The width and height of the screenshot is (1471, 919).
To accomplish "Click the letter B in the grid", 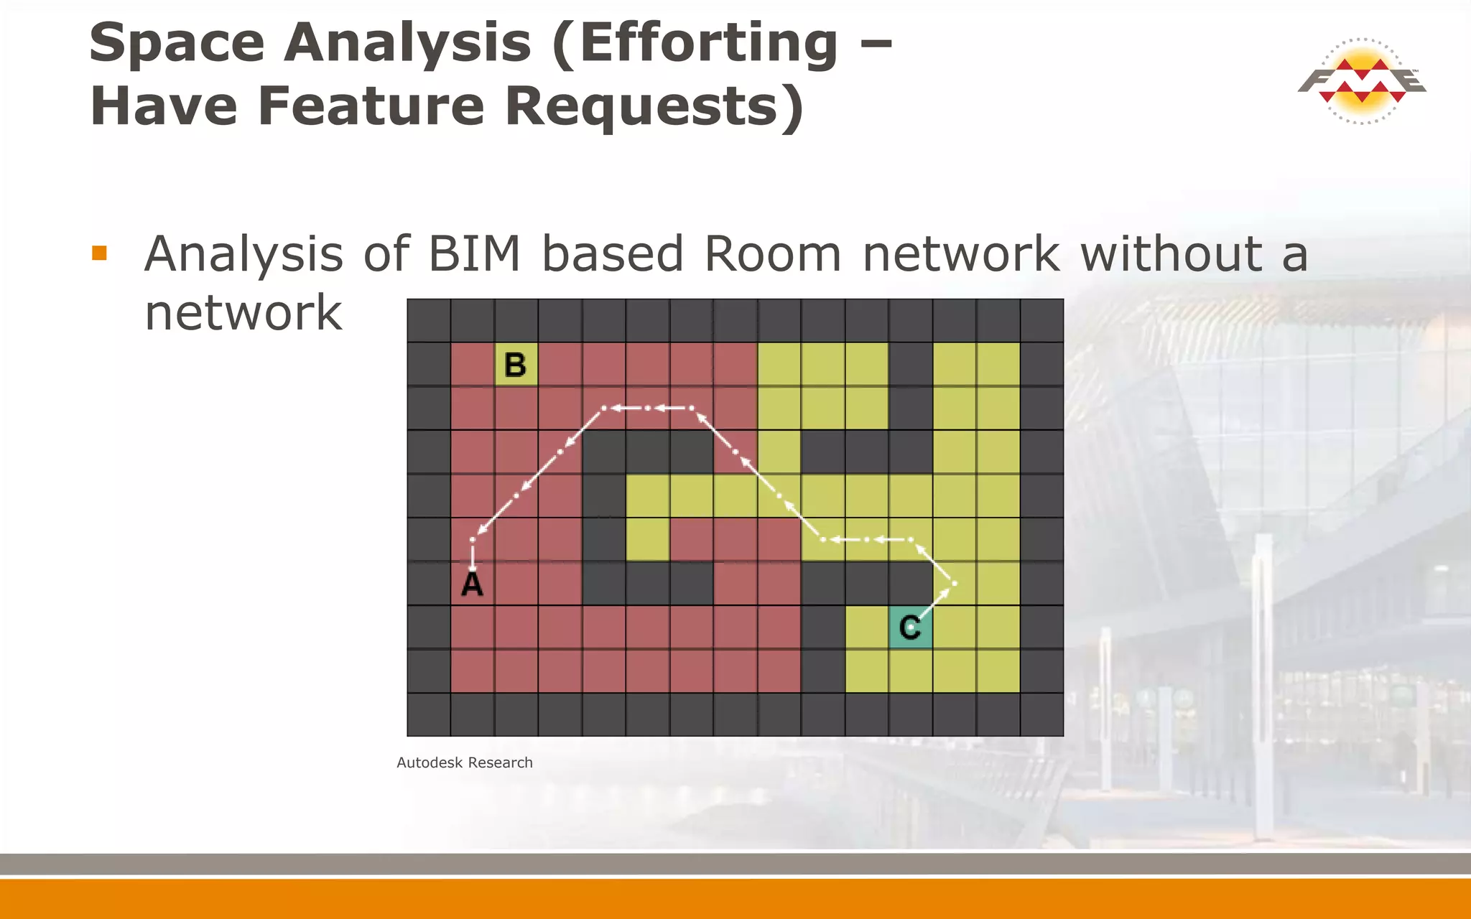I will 516,365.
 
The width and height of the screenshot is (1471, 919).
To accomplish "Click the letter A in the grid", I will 472,584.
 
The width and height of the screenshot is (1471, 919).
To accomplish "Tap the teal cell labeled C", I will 910,628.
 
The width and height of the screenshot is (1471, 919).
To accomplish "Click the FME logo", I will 1362,81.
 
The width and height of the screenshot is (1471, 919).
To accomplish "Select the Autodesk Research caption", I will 465,762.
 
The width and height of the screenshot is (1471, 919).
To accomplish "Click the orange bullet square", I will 100,253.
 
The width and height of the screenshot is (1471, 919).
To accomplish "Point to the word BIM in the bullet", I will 474,254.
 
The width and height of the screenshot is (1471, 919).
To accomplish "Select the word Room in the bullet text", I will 772,254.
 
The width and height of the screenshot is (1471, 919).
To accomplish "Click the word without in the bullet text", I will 1171,254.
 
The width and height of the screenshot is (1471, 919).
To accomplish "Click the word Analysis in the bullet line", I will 244,254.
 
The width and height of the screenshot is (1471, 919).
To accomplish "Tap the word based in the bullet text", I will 612,254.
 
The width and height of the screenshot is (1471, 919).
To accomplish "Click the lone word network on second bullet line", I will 243,313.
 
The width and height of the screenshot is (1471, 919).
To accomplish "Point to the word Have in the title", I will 164,106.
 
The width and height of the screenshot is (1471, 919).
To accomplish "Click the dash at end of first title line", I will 876,43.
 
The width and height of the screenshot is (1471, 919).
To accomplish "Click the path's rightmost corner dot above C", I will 954,583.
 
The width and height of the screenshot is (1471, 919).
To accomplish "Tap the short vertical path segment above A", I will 473,554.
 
